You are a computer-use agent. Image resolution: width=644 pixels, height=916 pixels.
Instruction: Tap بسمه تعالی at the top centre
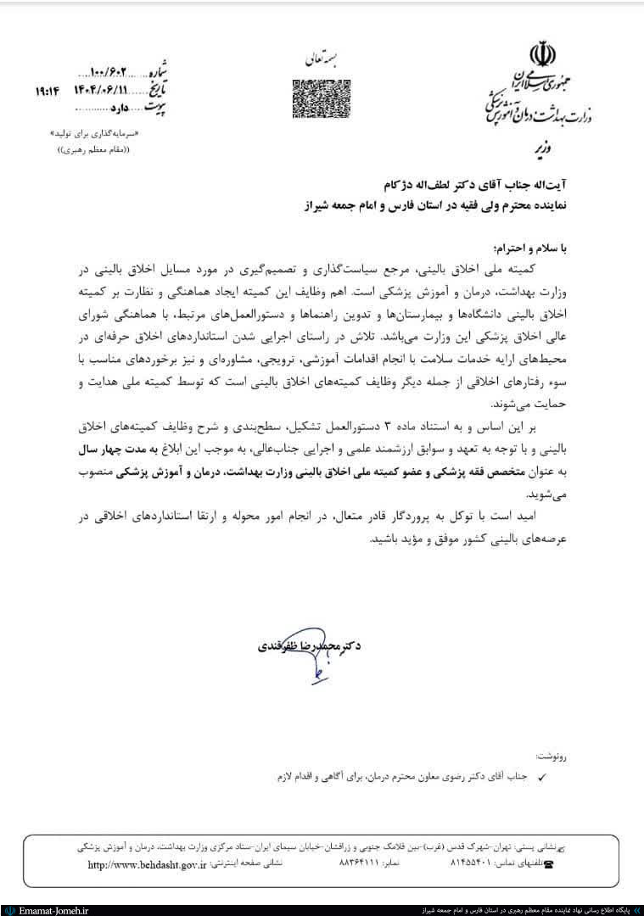[x=320, y=60]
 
